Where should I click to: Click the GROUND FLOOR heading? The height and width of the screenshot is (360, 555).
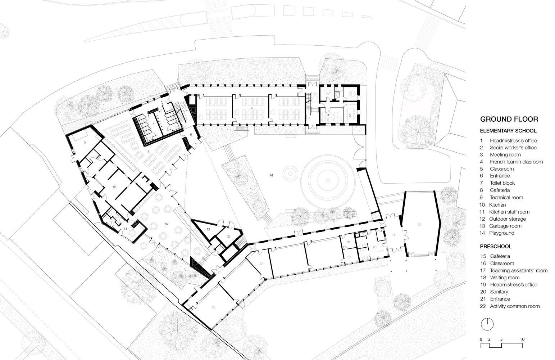[x=509, y=119]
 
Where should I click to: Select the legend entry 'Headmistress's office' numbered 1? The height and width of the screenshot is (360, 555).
[x=513, y=140]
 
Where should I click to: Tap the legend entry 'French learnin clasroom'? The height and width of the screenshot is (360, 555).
[x=517, y=162]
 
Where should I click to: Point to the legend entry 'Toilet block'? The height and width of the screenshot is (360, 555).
[x=502, y=183]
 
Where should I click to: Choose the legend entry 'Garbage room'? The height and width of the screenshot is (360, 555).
[x=505, y=226]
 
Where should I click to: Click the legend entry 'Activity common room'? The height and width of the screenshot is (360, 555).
[x=515, y=306]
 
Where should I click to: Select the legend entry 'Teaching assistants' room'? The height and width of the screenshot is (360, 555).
[x=519, y=270]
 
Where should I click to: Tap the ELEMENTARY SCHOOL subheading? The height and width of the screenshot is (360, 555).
[x=508, y=131]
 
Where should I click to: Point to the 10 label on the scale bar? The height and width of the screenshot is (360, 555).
[x=522, y=339]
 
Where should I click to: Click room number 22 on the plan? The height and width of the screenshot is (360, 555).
[x=419, y=225]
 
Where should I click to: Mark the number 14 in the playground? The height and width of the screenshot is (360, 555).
[x=271, y=175]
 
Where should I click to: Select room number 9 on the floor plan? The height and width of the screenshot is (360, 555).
[x=85, y=143]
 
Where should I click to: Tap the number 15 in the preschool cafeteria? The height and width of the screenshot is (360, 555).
[x=166, y=224]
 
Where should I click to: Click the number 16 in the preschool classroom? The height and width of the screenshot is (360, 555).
[x=214, y=307]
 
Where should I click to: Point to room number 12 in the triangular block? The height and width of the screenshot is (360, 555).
[x=208, y=229]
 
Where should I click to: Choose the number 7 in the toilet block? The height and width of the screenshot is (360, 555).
[x=153, y=124]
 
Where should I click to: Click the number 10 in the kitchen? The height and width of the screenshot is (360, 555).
[x=114, y=187]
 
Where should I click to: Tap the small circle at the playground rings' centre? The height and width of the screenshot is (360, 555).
[x=328, y=180]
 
